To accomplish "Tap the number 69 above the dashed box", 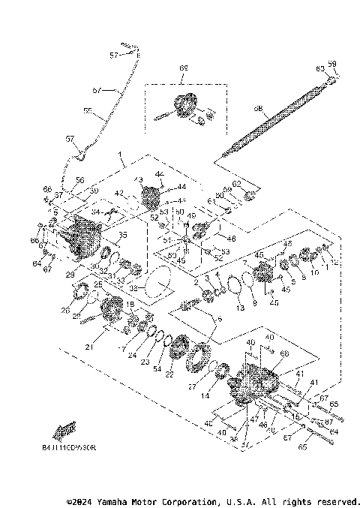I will pos(182,68).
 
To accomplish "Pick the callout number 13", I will pos(239,308).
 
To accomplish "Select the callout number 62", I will pos(238,184).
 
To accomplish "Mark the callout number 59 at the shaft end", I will pos(332,65).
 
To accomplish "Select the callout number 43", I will pos(138,179).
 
